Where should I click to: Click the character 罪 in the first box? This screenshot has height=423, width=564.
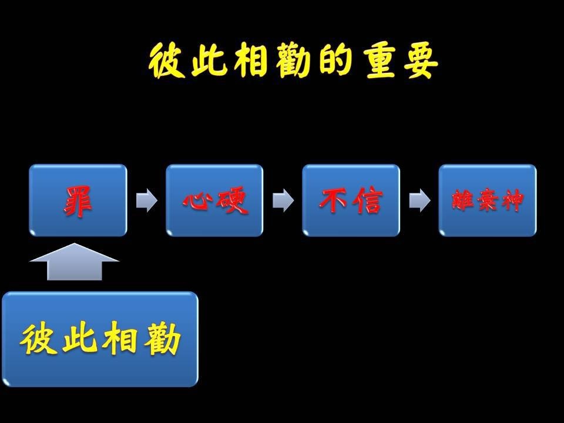pos(78,201)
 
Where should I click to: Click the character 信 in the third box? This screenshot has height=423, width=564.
pos(367,200)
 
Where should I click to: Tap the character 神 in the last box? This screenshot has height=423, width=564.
pos(512,200)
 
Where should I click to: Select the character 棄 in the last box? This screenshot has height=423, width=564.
pos(487,200)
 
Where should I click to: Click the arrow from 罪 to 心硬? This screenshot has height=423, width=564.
pos(146,200)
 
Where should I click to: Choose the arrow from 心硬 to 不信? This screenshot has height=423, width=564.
pos(283,200)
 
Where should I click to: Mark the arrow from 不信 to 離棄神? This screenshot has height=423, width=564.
pos(419,200)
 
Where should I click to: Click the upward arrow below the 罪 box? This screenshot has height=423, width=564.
pos(75,261)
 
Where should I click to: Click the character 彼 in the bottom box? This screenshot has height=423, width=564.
pos(38,338)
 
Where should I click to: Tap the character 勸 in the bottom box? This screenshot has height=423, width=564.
pos(162,338)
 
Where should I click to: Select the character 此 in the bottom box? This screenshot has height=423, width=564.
pos(79,338)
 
